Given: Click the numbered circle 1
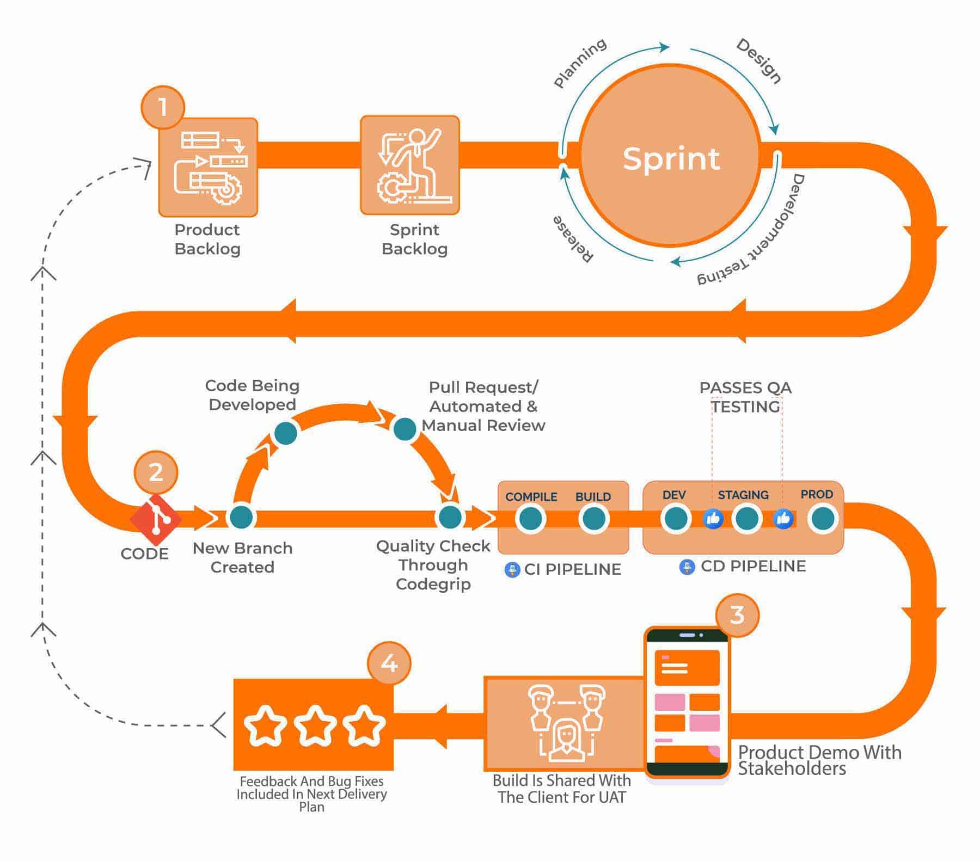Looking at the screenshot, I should tap(163, 107).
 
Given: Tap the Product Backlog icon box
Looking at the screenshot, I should tap(208, 167).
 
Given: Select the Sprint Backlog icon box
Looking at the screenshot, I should tap(410, 165).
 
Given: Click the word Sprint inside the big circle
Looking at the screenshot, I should tap(671, 158).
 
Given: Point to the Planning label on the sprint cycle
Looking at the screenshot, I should tap(579, 63).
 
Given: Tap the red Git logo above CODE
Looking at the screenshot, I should tap(156, 519).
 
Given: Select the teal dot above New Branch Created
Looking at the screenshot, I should tap(241, 517).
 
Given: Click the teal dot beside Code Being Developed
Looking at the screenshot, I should tap(286, 433).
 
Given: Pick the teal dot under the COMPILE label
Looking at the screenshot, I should tap(530, 519).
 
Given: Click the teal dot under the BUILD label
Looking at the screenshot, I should tap(593, 519).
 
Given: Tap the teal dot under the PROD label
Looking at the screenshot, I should tap(823, 519).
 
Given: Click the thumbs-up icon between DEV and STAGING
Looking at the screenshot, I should tap(713, 519).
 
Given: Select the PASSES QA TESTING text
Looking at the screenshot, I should tap(745, 397).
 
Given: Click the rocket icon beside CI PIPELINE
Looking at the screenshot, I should tap(512, 570).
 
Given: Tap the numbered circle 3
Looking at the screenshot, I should tap(737, 615).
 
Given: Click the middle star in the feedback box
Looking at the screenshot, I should tap(315, 725).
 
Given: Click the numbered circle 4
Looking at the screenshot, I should tap(389, 663).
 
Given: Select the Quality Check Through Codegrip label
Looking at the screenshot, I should tap(433, 565).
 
